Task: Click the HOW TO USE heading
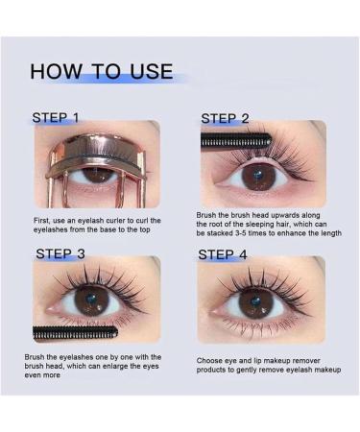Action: click(x=102, y=72)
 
